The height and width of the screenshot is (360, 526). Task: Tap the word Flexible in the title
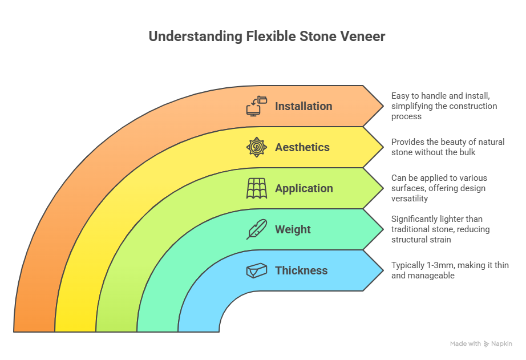[271, 37]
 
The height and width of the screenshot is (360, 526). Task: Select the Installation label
[304, 106]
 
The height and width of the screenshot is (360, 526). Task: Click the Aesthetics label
[302, 147]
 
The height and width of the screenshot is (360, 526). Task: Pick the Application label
[304, 188]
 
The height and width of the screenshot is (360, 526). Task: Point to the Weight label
[293, 229]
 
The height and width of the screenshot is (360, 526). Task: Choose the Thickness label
[301, 270]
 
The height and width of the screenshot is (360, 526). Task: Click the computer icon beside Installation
[257, 106]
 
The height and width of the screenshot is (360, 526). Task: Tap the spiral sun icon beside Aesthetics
[257, 147]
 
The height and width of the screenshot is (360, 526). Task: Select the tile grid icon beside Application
[257, 188]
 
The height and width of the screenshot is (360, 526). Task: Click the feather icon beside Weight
[257, 229]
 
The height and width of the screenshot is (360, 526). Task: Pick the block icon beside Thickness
[257, 270]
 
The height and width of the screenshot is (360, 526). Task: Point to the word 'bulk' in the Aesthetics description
[468, 152]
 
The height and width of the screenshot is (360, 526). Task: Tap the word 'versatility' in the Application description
[410, 199]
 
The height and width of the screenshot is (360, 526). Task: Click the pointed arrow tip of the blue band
[383, 270]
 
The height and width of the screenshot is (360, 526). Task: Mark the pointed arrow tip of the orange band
[383, 106]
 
